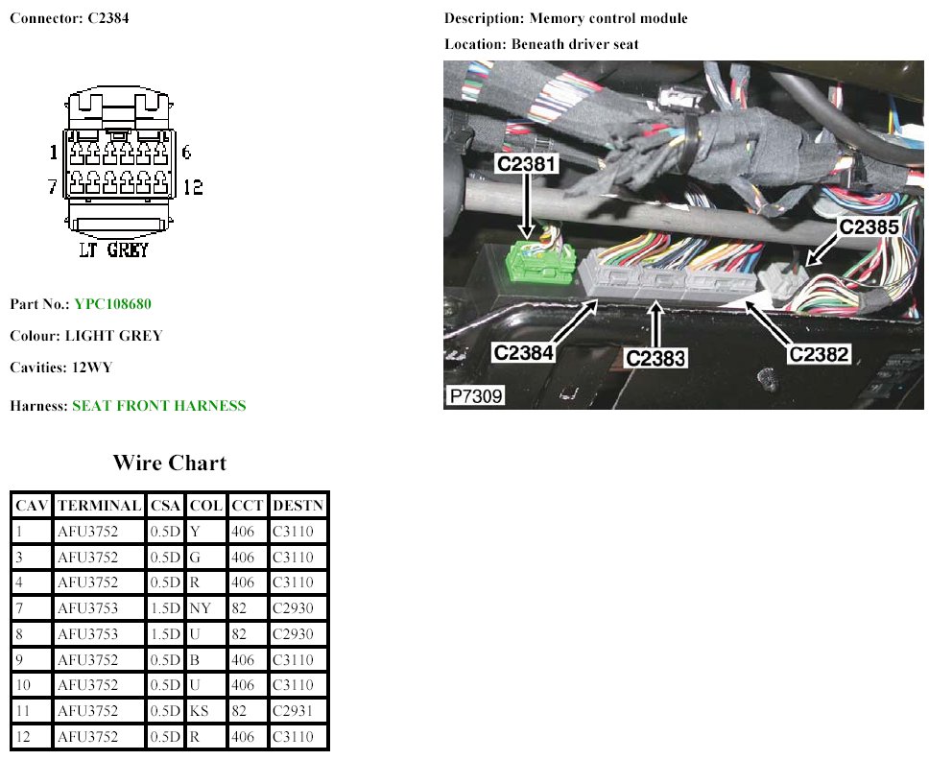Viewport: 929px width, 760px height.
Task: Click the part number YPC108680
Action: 112,304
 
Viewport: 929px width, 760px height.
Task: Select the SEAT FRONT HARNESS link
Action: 158,406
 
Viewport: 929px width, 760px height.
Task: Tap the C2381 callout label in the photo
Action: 526,164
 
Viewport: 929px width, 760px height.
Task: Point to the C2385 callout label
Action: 869,227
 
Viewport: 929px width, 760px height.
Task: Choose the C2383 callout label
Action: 655,358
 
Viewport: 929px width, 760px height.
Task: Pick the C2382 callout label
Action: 819,354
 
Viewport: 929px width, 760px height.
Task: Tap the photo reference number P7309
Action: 474,395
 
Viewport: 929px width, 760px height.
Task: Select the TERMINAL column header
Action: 99,506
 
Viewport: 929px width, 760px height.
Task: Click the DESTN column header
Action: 298,506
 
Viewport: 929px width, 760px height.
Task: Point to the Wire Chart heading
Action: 169,463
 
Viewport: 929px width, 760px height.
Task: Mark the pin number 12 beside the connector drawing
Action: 193,186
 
